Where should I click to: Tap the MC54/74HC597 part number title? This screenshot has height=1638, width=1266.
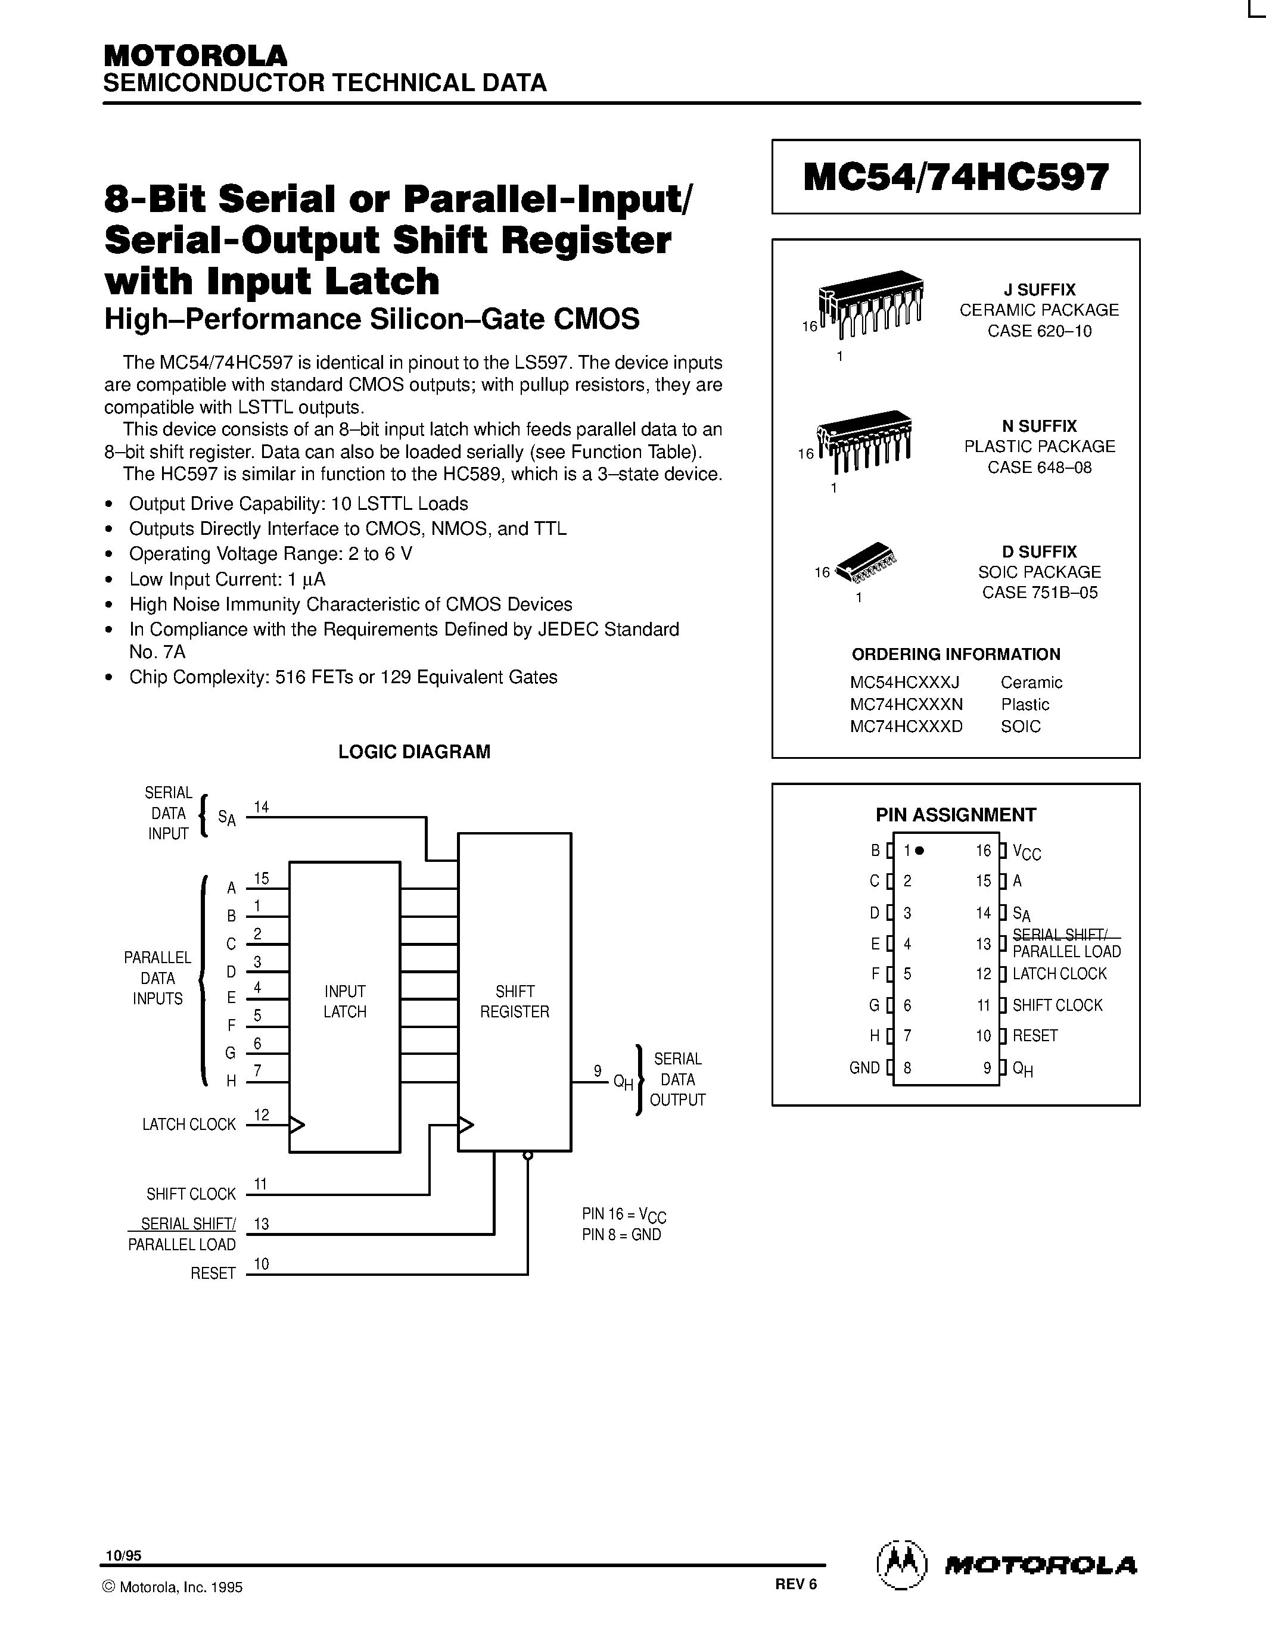956,177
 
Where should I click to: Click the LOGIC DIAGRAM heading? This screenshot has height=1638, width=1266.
414,752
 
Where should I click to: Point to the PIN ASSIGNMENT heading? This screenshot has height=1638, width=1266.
956,814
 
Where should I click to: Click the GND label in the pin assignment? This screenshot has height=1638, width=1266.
864,1067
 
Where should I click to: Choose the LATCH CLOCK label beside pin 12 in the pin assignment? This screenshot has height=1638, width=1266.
1059,973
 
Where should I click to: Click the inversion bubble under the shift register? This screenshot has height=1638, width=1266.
528,1156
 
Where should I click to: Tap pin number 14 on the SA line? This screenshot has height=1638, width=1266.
261,807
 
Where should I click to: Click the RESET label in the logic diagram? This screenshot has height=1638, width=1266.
213,1273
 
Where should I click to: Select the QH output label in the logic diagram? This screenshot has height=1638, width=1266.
623,1082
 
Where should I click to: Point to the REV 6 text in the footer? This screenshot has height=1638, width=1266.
796,1583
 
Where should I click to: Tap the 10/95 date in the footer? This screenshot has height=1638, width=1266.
123,1555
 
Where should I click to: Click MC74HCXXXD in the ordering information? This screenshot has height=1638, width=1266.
906,726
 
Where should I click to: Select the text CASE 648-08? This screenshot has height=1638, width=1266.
1039,467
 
